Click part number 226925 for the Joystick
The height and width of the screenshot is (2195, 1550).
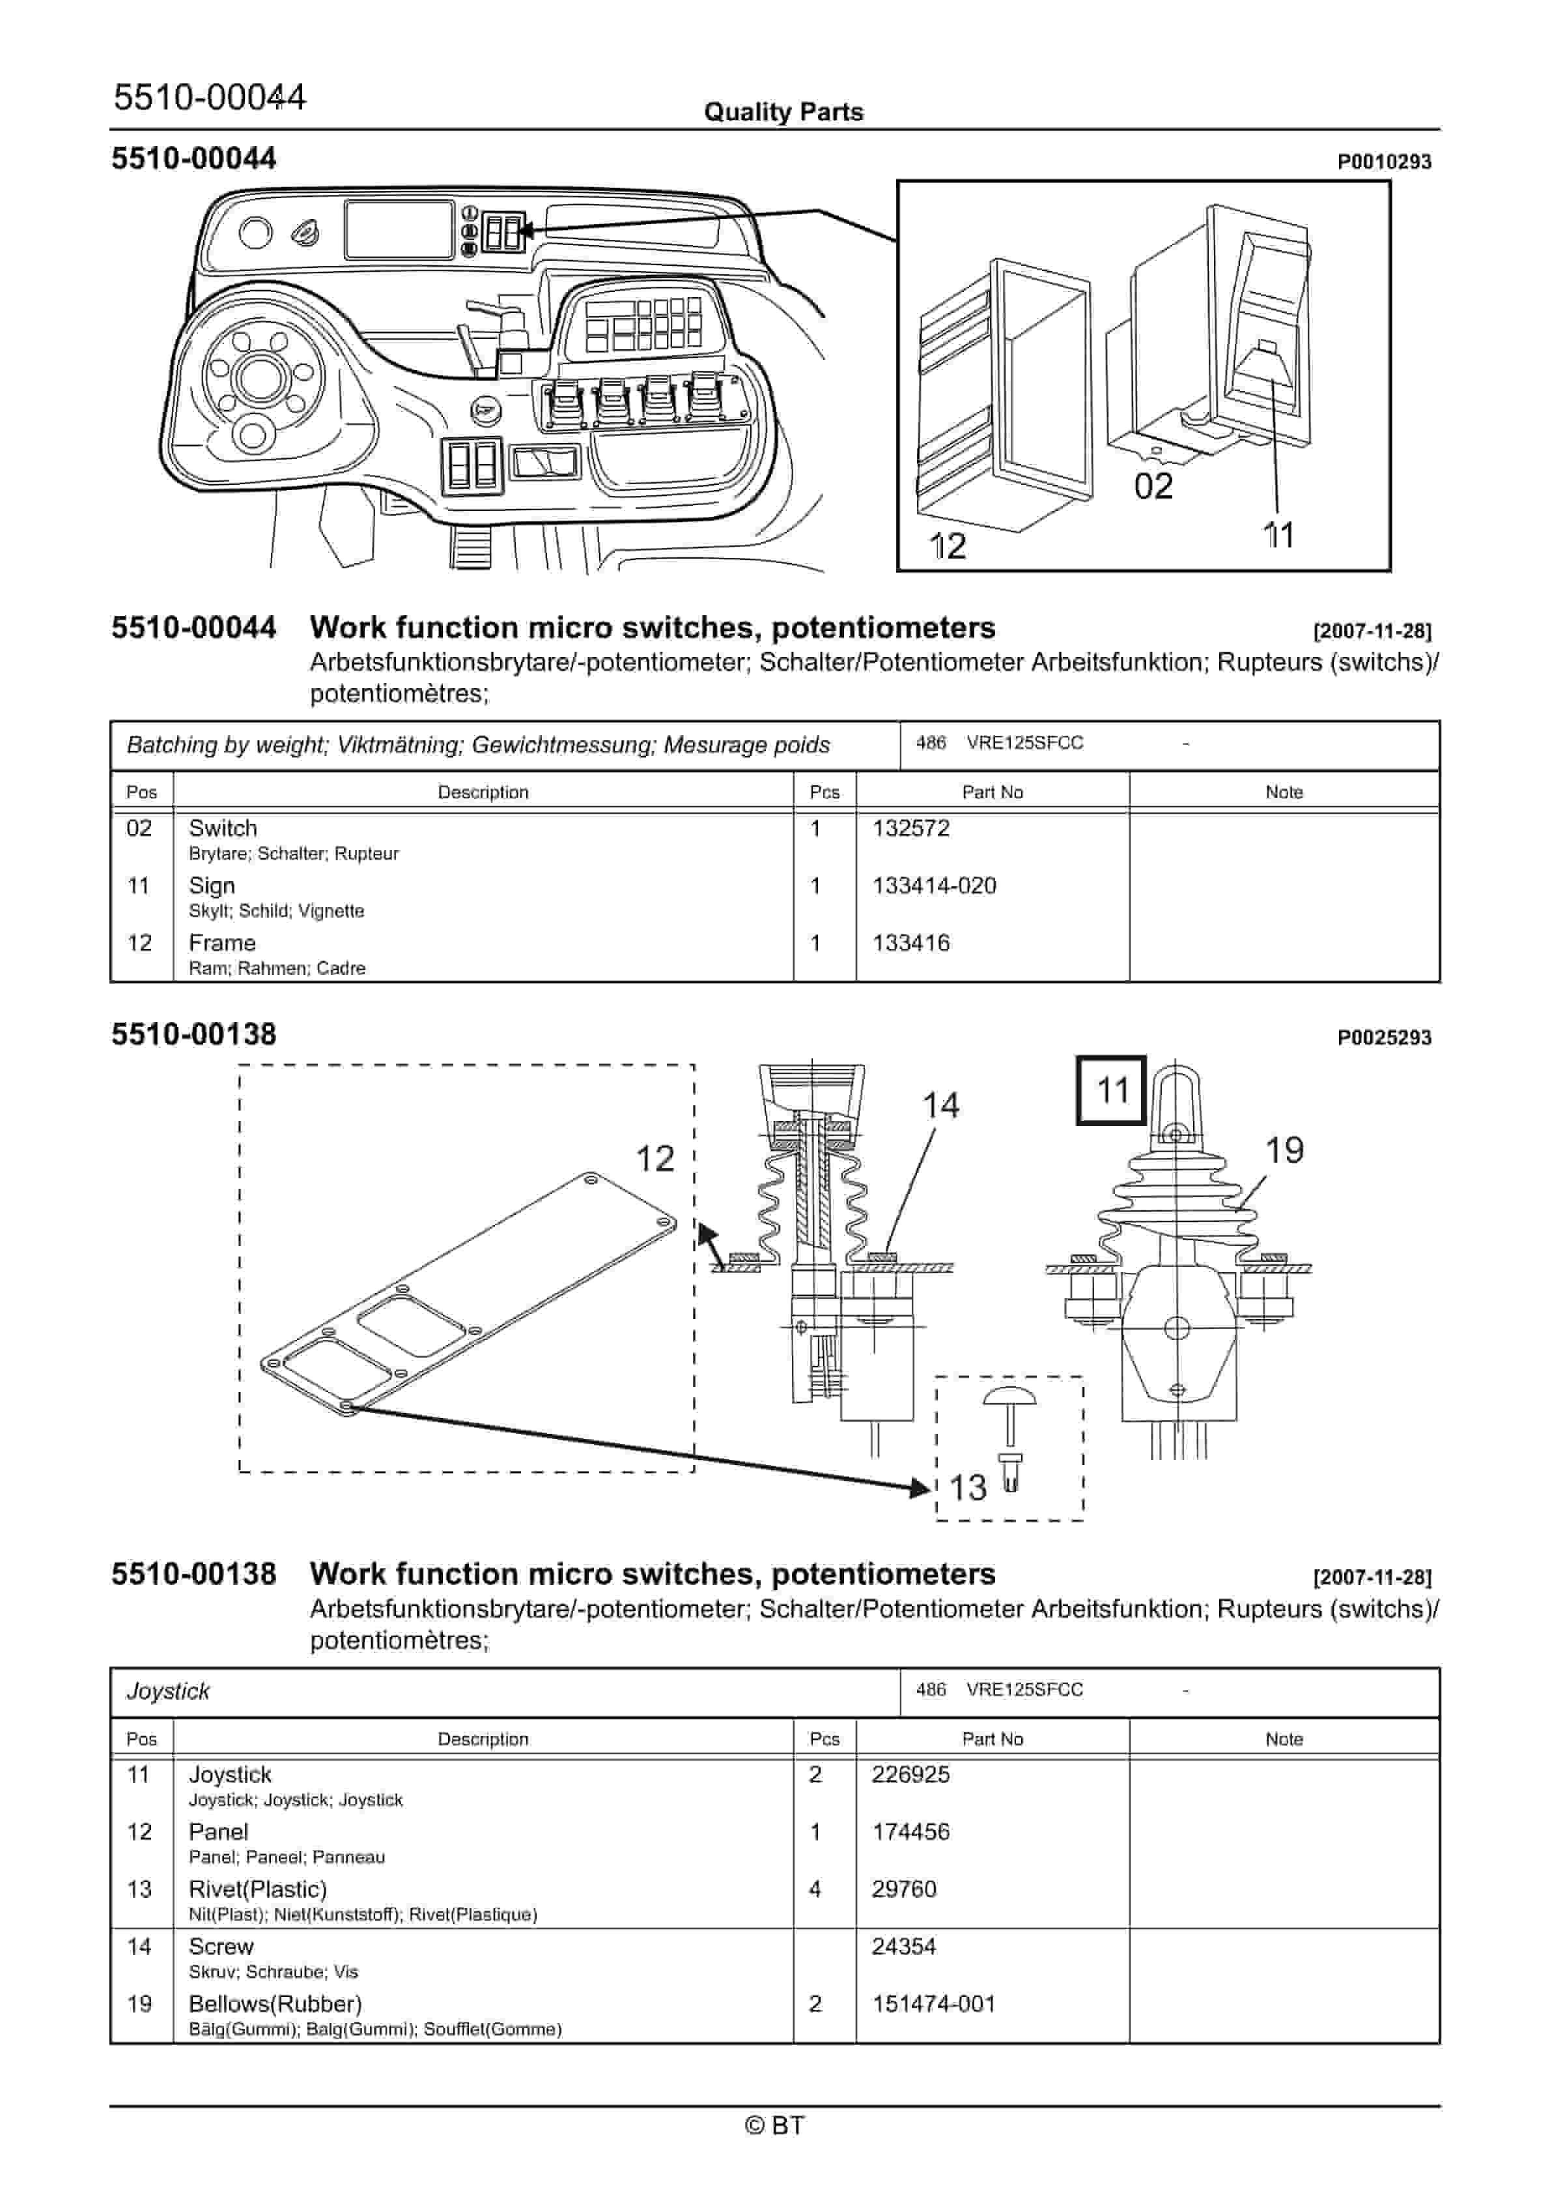click(x=910, y=1775)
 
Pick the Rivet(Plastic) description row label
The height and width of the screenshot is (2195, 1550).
click(x=257, y=1889)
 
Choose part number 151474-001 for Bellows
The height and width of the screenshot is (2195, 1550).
click(x=934, y=2004)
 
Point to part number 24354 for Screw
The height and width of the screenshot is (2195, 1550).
click(x=903, y=1947)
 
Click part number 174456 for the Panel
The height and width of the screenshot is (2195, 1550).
click(x=910, y=1832)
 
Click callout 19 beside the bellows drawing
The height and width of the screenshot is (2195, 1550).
click(x=1284, y=1150)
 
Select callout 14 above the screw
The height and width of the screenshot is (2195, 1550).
click(x=940, y=1106)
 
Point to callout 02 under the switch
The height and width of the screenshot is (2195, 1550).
click(x=1153, y=487)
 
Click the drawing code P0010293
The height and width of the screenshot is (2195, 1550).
click(x=1384, y=162)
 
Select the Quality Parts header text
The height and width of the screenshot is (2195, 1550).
click(x=783, y=112)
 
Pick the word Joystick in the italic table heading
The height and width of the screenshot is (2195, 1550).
click(x=168, y=1691)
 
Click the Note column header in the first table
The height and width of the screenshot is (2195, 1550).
click(x=1284, y=792)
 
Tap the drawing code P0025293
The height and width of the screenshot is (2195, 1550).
click(x=1384, y=1038)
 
